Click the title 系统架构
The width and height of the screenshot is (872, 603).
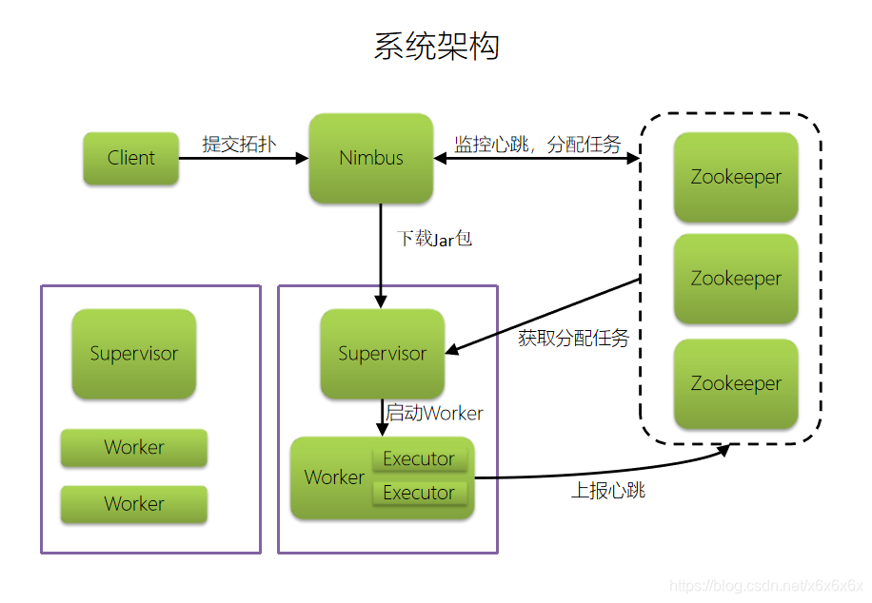436,47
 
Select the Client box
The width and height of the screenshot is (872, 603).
130,158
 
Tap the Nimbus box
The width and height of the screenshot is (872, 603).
371,158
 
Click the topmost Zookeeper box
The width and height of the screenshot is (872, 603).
736,177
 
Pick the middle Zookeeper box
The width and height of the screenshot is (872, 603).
736,279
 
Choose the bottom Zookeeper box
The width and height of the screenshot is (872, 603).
736,383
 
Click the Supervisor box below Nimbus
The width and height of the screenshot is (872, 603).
383,354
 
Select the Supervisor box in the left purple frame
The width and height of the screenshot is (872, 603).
134,354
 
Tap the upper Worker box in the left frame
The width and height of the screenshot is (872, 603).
134,448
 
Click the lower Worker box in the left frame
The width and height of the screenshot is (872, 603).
134,504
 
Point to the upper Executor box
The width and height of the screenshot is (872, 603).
419,459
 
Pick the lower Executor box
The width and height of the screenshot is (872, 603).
419,493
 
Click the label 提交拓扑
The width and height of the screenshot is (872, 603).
239,144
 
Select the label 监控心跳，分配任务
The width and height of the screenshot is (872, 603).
537,145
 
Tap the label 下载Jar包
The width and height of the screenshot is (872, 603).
434,239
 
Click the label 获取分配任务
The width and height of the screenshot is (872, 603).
574,338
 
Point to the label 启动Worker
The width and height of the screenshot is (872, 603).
434,414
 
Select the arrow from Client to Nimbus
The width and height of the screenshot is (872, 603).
243,159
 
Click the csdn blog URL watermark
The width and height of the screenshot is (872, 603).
765,586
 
